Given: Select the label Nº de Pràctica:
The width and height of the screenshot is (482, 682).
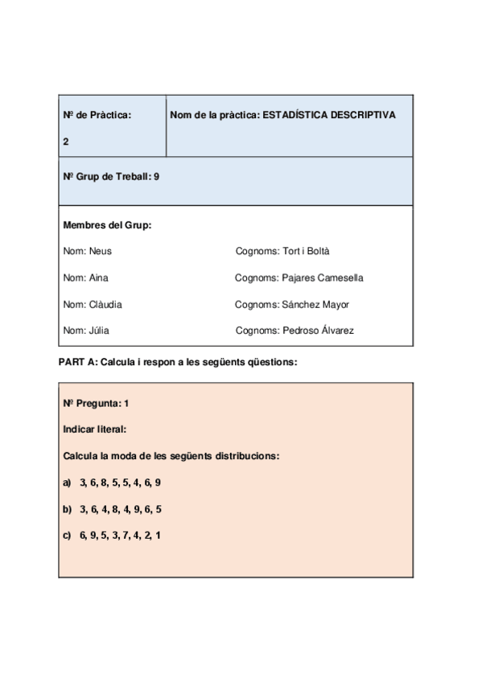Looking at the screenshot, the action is [x=97, y=115].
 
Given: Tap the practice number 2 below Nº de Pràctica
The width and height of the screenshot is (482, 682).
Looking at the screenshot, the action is [x=66, y=142].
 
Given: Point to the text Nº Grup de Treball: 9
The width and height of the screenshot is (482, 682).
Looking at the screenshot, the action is [x=111, y=176].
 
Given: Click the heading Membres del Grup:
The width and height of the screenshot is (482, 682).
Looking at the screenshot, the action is [x=107, y=225].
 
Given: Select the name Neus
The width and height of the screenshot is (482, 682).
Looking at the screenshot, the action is [x=101, y=251].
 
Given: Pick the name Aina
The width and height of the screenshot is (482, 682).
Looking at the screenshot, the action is [x=99, y=278].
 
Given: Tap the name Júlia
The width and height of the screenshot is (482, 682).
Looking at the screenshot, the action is [x=100, y=331].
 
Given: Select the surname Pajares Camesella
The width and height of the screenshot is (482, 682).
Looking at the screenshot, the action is [x=323, y=278].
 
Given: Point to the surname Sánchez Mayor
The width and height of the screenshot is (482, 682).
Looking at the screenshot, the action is [x=315, y=305].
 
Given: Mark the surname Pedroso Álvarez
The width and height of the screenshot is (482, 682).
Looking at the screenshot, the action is [x=318, y=331].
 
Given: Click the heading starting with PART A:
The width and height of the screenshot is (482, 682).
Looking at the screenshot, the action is [x=178, y=362].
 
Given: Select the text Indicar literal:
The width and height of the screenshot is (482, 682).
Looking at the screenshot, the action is [x=95, y=429].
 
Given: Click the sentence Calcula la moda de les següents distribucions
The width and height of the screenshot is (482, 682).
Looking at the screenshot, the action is [x=171, y=456].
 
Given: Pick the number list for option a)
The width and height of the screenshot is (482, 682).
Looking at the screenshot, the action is [x=120, y=483].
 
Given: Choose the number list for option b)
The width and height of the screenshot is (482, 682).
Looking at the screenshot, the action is [x=120, y=509].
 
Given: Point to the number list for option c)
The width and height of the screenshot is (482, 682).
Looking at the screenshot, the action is [x=120, y=536].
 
